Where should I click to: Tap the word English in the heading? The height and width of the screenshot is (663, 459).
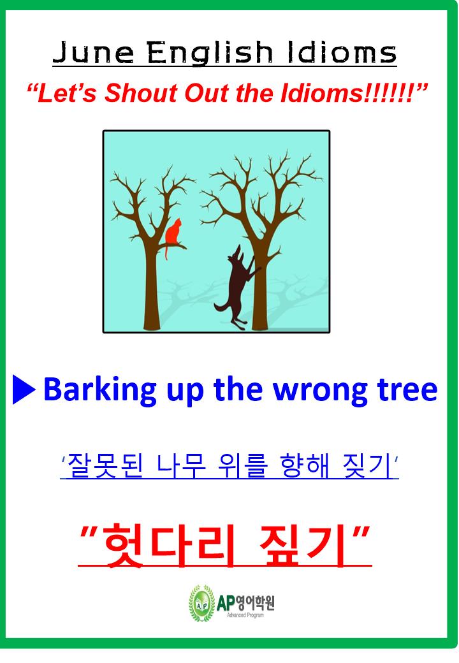point(210,54)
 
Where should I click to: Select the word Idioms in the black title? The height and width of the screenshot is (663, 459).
point(342,53)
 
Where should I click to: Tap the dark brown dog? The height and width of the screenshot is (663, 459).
point(237,288)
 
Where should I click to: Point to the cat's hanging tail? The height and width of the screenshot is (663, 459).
point(167,252)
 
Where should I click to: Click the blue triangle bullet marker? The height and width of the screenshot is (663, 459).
point(24,389)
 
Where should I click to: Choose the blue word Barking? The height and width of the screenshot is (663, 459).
point(100,390)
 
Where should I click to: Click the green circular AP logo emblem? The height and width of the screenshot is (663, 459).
point(201,603)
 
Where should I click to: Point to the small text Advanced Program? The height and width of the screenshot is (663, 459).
point(245,615)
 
